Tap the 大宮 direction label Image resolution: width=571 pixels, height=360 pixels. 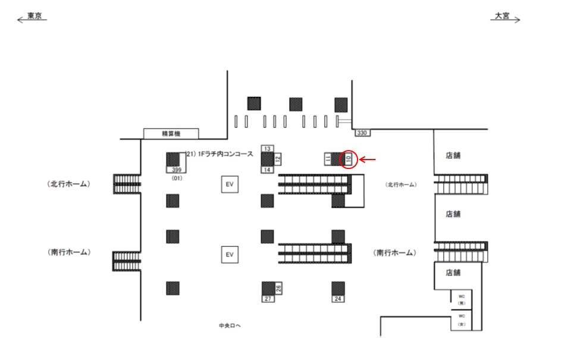tap(503, 17)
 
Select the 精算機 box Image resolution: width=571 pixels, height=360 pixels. tap(171, 134)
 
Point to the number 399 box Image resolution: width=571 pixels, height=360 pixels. tap(176, 170)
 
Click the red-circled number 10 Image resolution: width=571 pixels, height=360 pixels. tap(349, 159)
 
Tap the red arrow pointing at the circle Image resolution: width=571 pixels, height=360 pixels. tap(369, 159)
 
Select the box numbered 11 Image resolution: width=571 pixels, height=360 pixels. tap(327, 159)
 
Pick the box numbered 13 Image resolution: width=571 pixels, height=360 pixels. tap(267, 148)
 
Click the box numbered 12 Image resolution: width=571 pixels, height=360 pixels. tap(277, 159)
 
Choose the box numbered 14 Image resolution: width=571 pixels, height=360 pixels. tap(267, 170)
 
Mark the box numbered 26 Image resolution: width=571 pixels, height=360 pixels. tap(278, 288)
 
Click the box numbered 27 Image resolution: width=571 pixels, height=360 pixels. tap(267, 299)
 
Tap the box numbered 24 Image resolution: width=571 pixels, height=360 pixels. tap(338, 299)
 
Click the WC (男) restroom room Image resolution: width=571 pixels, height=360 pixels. tap(461, 299)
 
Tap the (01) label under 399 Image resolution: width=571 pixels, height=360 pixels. tap(176, 178)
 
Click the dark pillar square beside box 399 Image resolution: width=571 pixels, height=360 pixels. tap(173, 159)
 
